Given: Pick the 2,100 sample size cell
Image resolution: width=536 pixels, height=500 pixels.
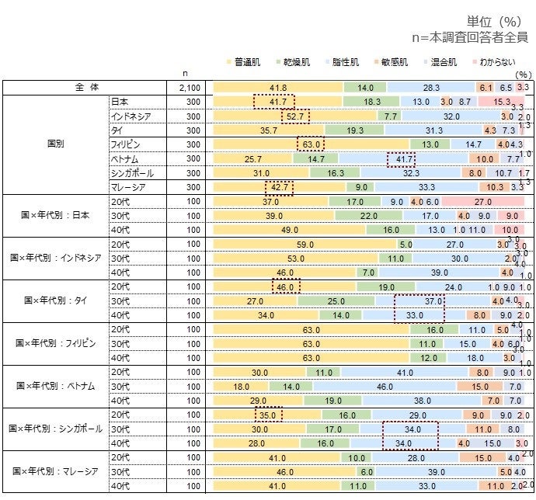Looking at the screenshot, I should coord(190,88).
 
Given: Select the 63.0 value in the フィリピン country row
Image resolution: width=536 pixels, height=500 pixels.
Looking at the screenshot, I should coord(310,144).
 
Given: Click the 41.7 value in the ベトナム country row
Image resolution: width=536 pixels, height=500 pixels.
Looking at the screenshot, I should coord(401,158).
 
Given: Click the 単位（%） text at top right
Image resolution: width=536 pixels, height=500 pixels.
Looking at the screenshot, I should coord(497,21).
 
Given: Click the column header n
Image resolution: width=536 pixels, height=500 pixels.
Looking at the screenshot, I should coord(185,75).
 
